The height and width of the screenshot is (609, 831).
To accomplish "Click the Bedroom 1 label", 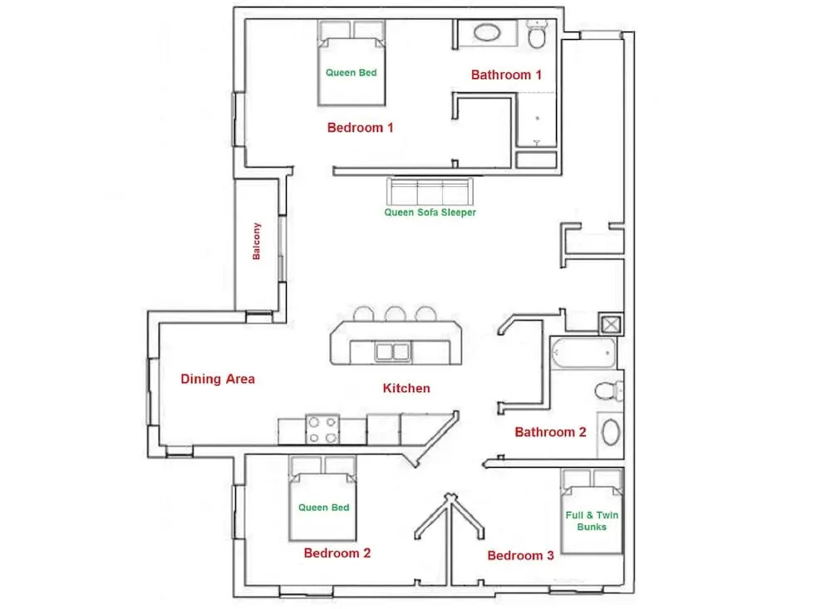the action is (x=360, y=128).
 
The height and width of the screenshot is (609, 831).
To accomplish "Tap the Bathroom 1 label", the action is (x=506, y=75).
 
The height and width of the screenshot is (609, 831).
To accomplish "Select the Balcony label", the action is (x=257, y=241).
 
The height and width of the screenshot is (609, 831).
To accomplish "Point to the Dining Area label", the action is (x=217, y=379).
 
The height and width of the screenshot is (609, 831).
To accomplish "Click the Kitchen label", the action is (x=406, y=388).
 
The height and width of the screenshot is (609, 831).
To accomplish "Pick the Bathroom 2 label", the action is (x=550, y=432).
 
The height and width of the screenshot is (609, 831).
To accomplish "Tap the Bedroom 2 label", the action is (x=337, y=553).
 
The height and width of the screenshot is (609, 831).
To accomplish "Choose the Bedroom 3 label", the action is (x=520, y=556).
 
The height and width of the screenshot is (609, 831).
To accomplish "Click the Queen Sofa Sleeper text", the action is (x=430, y=212).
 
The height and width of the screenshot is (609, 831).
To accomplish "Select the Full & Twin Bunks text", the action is (x=592, y=520).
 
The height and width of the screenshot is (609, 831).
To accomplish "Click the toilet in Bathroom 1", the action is (x=537, y=34).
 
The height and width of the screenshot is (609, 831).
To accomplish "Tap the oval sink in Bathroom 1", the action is (x=487, y=33).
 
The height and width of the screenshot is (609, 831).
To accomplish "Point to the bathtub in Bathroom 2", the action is (x=583, y=353).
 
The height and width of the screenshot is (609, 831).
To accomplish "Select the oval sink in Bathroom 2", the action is (x=611, y=433).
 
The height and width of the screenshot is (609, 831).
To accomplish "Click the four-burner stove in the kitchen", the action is (x=322, y=430).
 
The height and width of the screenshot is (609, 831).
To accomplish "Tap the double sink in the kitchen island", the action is (x=392, y=352).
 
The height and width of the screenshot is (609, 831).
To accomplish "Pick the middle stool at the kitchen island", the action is (x=396, y=314).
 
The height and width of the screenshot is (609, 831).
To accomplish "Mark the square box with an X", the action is (x=611, y=324).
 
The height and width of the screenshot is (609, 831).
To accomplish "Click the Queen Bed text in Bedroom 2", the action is (x=323, y=508).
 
